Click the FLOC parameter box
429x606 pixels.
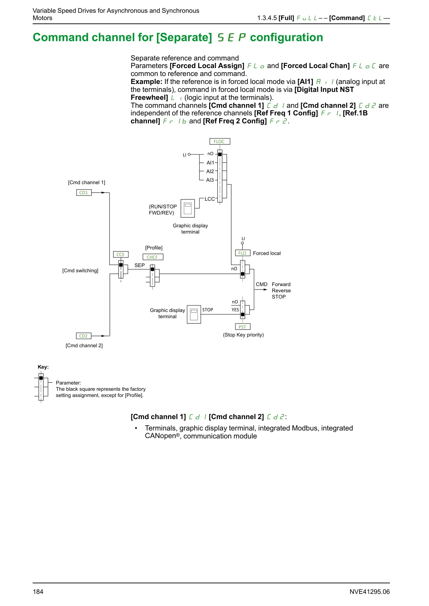click(x=220, y=141)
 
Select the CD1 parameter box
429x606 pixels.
click(x=84, y=192)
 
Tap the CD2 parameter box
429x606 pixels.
click(x=83, y=336)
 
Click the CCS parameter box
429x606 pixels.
click(x=121, y=254)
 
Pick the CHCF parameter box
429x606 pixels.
click(x=152, y=257)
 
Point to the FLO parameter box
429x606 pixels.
click(x=242, y=253)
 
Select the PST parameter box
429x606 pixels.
click(x=242, y=327)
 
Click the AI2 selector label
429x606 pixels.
click(x=210, y=171)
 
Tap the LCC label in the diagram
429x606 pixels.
click(x=210, y=199)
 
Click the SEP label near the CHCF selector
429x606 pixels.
click(x=140, y=265)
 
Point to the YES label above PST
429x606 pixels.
click(x=235, y=310)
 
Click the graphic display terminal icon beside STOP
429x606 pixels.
click(x=194, y=314)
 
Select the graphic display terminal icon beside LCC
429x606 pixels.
click(x=188, y=208)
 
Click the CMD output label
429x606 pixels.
click(x=262, y=284)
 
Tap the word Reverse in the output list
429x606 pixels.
click(x=281, y=291)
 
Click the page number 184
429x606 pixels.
click(x=38, y=592)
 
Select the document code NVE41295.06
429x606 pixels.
click(x=370, y=592)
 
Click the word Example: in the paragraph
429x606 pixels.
click(x=147, y=82)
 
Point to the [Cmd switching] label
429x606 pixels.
click(x=80, y=271)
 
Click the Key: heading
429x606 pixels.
click(x=43, y=367)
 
